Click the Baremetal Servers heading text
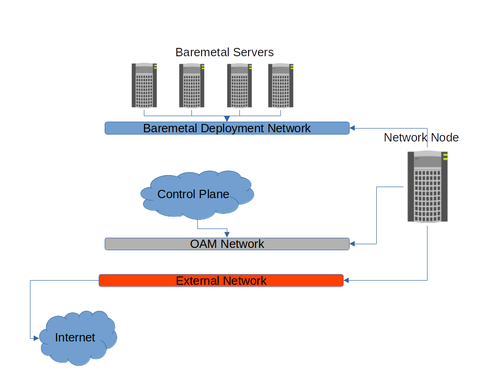pos(225,52)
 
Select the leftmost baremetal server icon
pos(144,85)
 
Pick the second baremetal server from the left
pos(192,85)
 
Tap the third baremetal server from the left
pos(239,85)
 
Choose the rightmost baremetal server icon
pos(281,85)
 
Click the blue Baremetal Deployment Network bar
pos(227,128)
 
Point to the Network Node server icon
pos(428,187)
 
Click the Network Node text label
pos(421,137)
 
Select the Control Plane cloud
pos(196,194)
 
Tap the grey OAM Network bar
pos(227,244)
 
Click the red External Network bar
pos(221,281)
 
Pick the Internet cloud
pos(77,339)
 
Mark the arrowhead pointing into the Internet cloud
pos(36,338)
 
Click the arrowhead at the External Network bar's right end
pos(347,280)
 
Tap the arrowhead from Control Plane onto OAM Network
pos(227,235)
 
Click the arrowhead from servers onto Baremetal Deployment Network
pos(227,119)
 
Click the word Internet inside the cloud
pos(75,338)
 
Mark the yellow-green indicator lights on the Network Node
pos(445,157)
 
